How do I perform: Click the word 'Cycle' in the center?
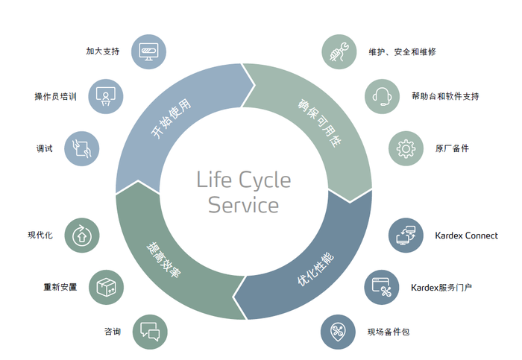point(265,180)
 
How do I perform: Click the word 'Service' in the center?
point(244,204)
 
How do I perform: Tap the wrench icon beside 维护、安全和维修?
point(339,52)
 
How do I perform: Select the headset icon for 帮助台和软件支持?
point(382,96)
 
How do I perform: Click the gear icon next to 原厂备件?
point(406,148)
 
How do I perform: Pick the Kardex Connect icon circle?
point(406,236)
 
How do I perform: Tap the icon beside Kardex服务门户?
point(382,287)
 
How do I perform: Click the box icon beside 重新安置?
point(106,287)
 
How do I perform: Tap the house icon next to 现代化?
point(82,236)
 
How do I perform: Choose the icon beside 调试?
point(82,148)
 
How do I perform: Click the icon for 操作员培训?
point(106,96)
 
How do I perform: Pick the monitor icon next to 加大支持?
point(148,52)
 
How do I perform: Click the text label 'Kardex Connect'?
point(466,236)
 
